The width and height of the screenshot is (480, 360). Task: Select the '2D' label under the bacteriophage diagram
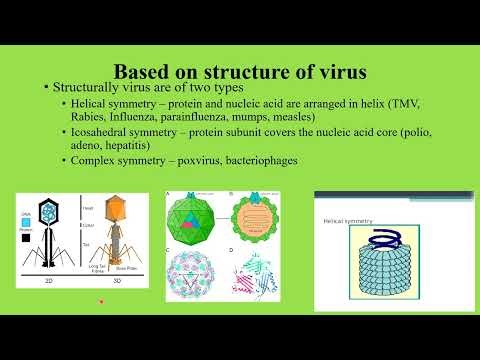[51, 281]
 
